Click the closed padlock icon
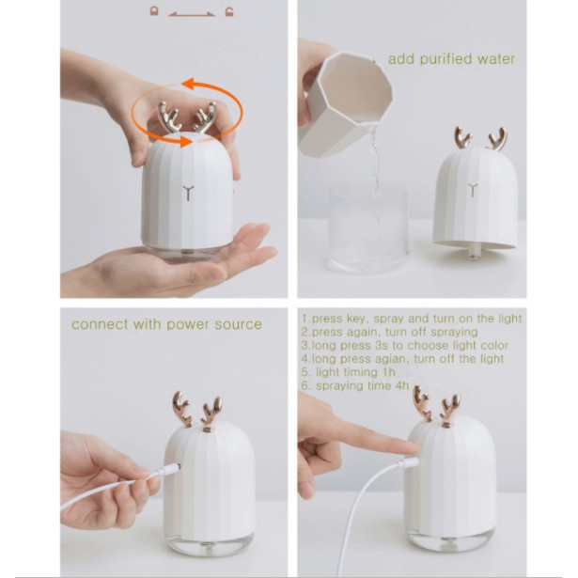[154, 11]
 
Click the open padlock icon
[229, 12]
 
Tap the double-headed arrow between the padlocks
[192, 15]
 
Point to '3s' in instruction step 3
[382, 346]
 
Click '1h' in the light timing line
[389, 372]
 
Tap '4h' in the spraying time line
[402, 385]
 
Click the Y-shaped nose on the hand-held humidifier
[188, 194]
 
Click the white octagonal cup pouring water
[345, 103]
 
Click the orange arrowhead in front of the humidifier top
[185, 142]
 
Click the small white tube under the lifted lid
[473, 253]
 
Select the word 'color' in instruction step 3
[494, 346]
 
